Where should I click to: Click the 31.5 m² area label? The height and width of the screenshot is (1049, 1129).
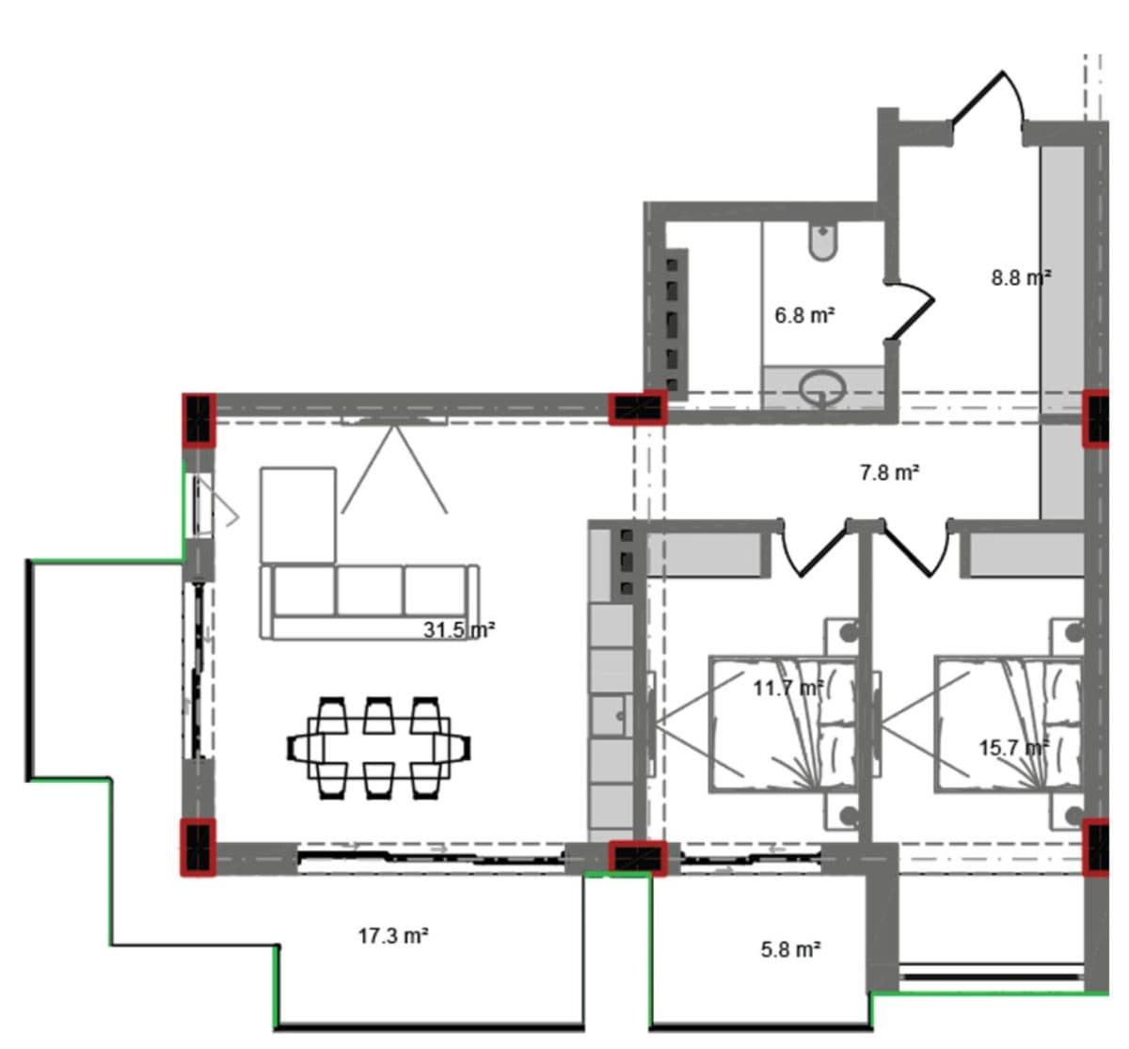tap(459, 630)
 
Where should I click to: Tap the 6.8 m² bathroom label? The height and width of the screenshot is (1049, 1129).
tap(804, 315)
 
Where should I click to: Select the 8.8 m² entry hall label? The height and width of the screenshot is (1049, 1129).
tap(1021, 278)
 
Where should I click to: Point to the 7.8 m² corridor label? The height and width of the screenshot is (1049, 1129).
tap(890, 472)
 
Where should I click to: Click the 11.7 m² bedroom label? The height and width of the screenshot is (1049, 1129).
tap(788, 689)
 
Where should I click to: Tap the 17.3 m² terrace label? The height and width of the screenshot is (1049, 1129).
tap(393, 936)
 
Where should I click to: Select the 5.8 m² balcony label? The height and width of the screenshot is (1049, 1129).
tap(790, 949)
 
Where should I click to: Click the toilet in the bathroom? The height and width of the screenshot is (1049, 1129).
tap(823, 242)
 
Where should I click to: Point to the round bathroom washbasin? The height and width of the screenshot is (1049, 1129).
tap(822, 388)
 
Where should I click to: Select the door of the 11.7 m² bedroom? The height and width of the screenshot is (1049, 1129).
tap(814, 548)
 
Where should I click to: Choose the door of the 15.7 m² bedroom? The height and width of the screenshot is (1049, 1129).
tap(915, 548)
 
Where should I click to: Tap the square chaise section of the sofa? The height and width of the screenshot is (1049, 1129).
tap(298, 516)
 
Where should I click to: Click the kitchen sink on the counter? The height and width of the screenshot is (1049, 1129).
tap(612, 715)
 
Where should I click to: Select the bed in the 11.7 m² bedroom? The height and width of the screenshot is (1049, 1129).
tap(782, 724)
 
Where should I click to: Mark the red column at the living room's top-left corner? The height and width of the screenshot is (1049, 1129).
tap(199, 419)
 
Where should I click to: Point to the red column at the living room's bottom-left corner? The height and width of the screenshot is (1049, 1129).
tap(199, 848)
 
